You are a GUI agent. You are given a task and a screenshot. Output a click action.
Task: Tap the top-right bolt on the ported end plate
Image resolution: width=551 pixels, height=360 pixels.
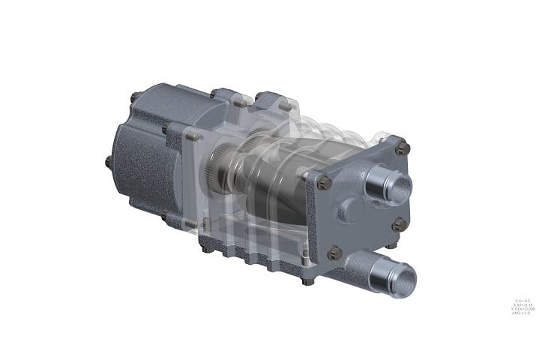tap(403, 148)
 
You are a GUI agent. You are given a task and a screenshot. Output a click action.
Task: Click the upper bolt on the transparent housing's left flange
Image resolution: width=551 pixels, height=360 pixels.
tap(191, 136)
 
